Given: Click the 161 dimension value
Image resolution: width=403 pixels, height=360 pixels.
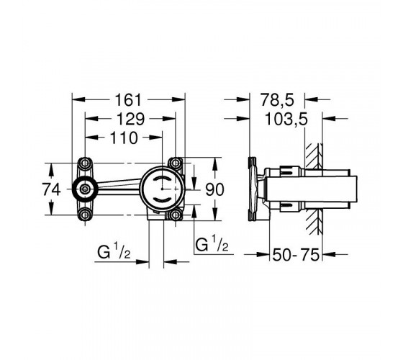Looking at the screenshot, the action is (128, 100).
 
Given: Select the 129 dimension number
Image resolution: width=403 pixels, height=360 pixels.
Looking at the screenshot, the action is (130, 119).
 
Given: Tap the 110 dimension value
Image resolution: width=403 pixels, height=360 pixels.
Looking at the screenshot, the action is (124, 138).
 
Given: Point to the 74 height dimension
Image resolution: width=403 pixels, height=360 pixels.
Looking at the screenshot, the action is (51, 189).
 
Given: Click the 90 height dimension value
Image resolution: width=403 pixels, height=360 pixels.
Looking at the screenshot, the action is (214, 189).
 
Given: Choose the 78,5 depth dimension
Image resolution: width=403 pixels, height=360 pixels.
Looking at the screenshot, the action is (277, 100).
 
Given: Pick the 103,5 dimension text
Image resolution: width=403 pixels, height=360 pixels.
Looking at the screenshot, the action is (286, 120).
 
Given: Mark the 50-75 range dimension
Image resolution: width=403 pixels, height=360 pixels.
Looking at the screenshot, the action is (296, 255).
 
